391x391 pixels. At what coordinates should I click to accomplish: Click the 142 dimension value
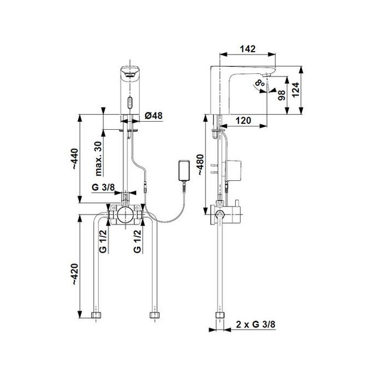coord(248,48)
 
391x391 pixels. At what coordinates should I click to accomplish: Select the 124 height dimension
coord(294,90)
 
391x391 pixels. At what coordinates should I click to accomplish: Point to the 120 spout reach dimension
coord(243,121)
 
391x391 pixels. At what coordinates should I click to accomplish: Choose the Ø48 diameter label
coord(154,115)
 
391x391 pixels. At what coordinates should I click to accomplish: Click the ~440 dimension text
coord(76,158)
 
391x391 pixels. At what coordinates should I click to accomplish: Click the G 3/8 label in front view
coord(103,187)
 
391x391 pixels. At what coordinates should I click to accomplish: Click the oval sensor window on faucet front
coord(129,102)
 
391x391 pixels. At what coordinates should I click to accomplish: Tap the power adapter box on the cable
coord(184,171)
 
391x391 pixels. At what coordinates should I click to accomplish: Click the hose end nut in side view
coord(220,316)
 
